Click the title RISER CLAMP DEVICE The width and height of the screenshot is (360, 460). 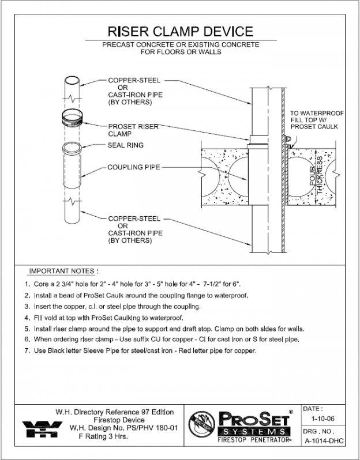tap(181, 31)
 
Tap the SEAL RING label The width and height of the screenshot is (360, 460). tap(126, 145)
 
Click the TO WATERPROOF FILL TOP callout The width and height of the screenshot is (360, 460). tap(314, 120)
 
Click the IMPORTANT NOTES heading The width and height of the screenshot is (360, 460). tap(63, 271)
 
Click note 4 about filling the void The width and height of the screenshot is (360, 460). tap(104, 318)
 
